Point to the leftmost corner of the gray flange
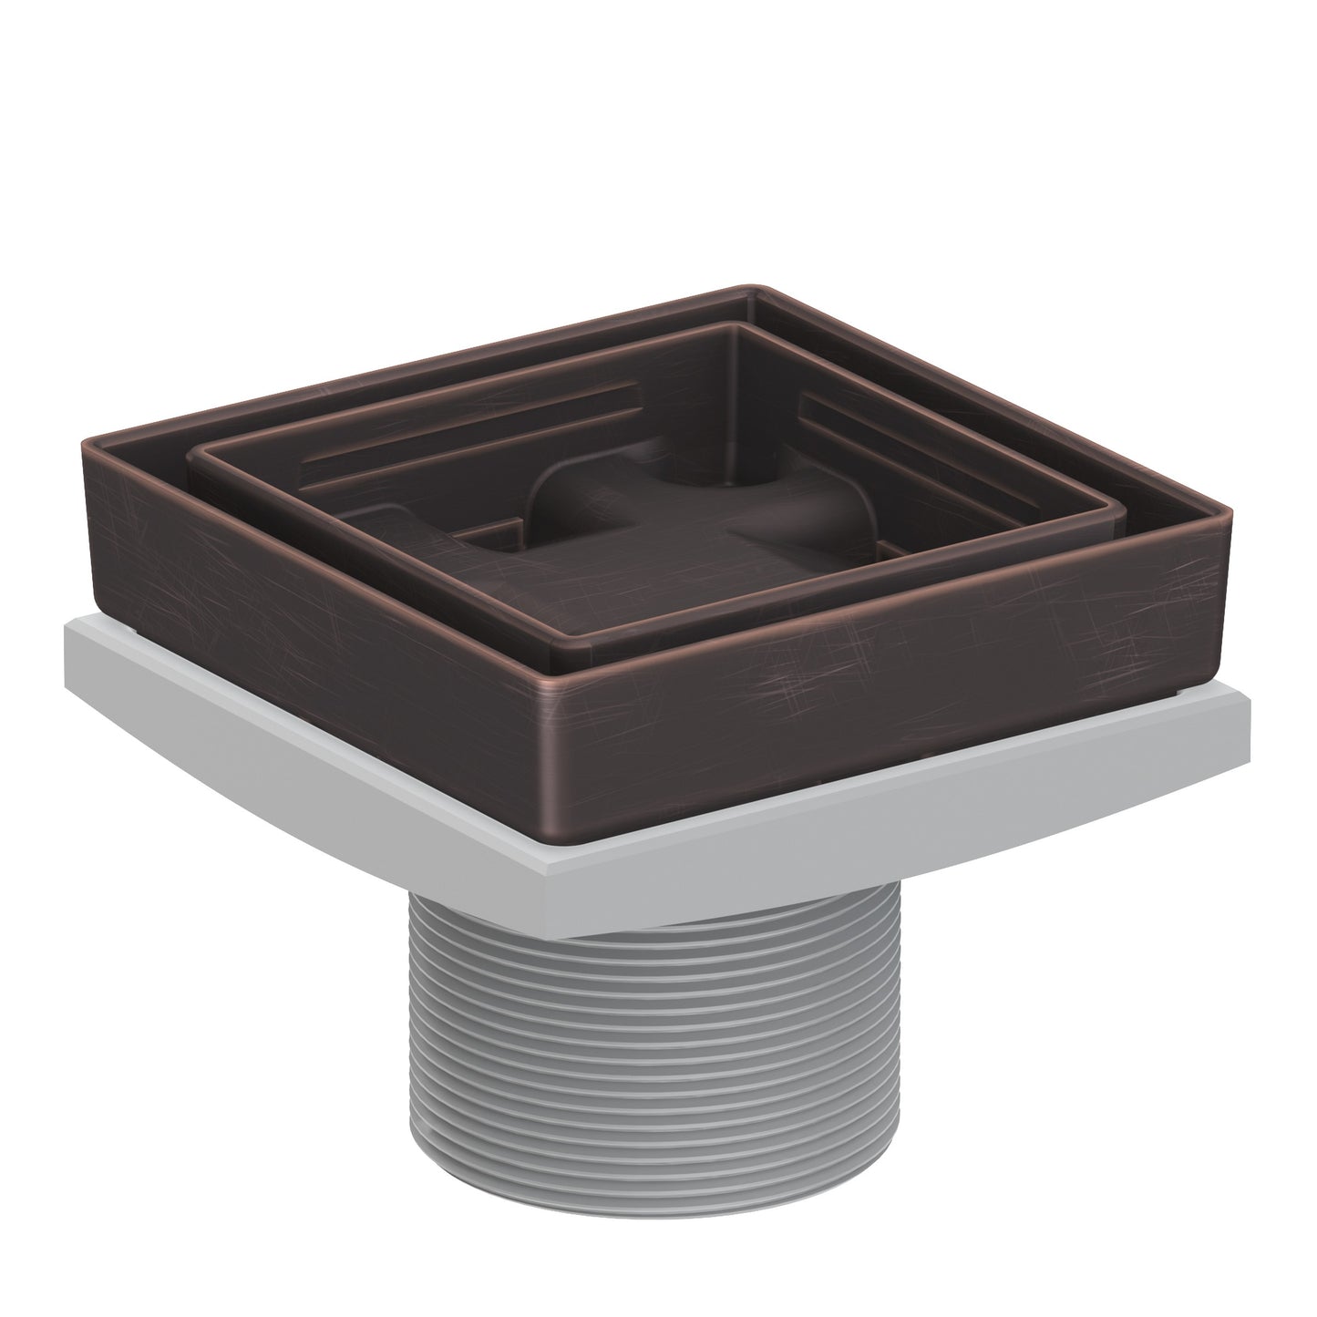point(66,629)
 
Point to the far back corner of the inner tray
point(738,325)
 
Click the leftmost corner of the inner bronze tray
point(190,453)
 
